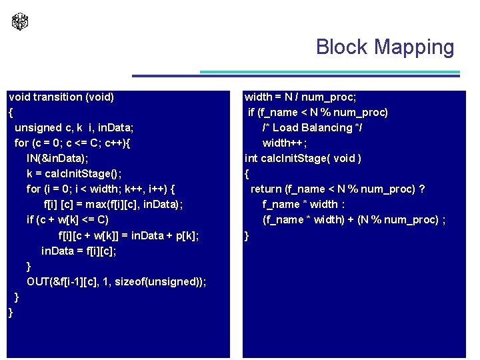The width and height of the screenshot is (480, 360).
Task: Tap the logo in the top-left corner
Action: [20, 22]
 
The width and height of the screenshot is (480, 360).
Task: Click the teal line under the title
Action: [330, 72]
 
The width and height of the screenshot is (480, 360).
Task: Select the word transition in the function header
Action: [58, 97]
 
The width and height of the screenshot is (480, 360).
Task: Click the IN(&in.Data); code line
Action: [57, 159]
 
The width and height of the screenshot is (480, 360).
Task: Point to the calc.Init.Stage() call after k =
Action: [83, 174]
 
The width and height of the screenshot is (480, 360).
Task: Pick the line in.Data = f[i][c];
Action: [79, 251]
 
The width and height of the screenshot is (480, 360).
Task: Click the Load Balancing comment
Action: [312, 128]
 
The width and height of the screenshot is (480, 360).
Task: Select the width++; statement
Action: [285, 143]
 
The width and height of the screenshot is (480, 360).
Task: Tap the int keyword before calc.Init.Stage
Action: [251, 159]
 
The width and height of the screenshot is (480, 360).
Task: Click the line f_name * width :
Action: [303, 205]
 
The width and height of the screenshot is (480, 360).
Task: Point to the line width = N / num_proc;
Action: [300, 97]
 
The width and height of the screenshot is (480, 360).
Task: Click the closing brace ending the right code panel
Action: [247, 235]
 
